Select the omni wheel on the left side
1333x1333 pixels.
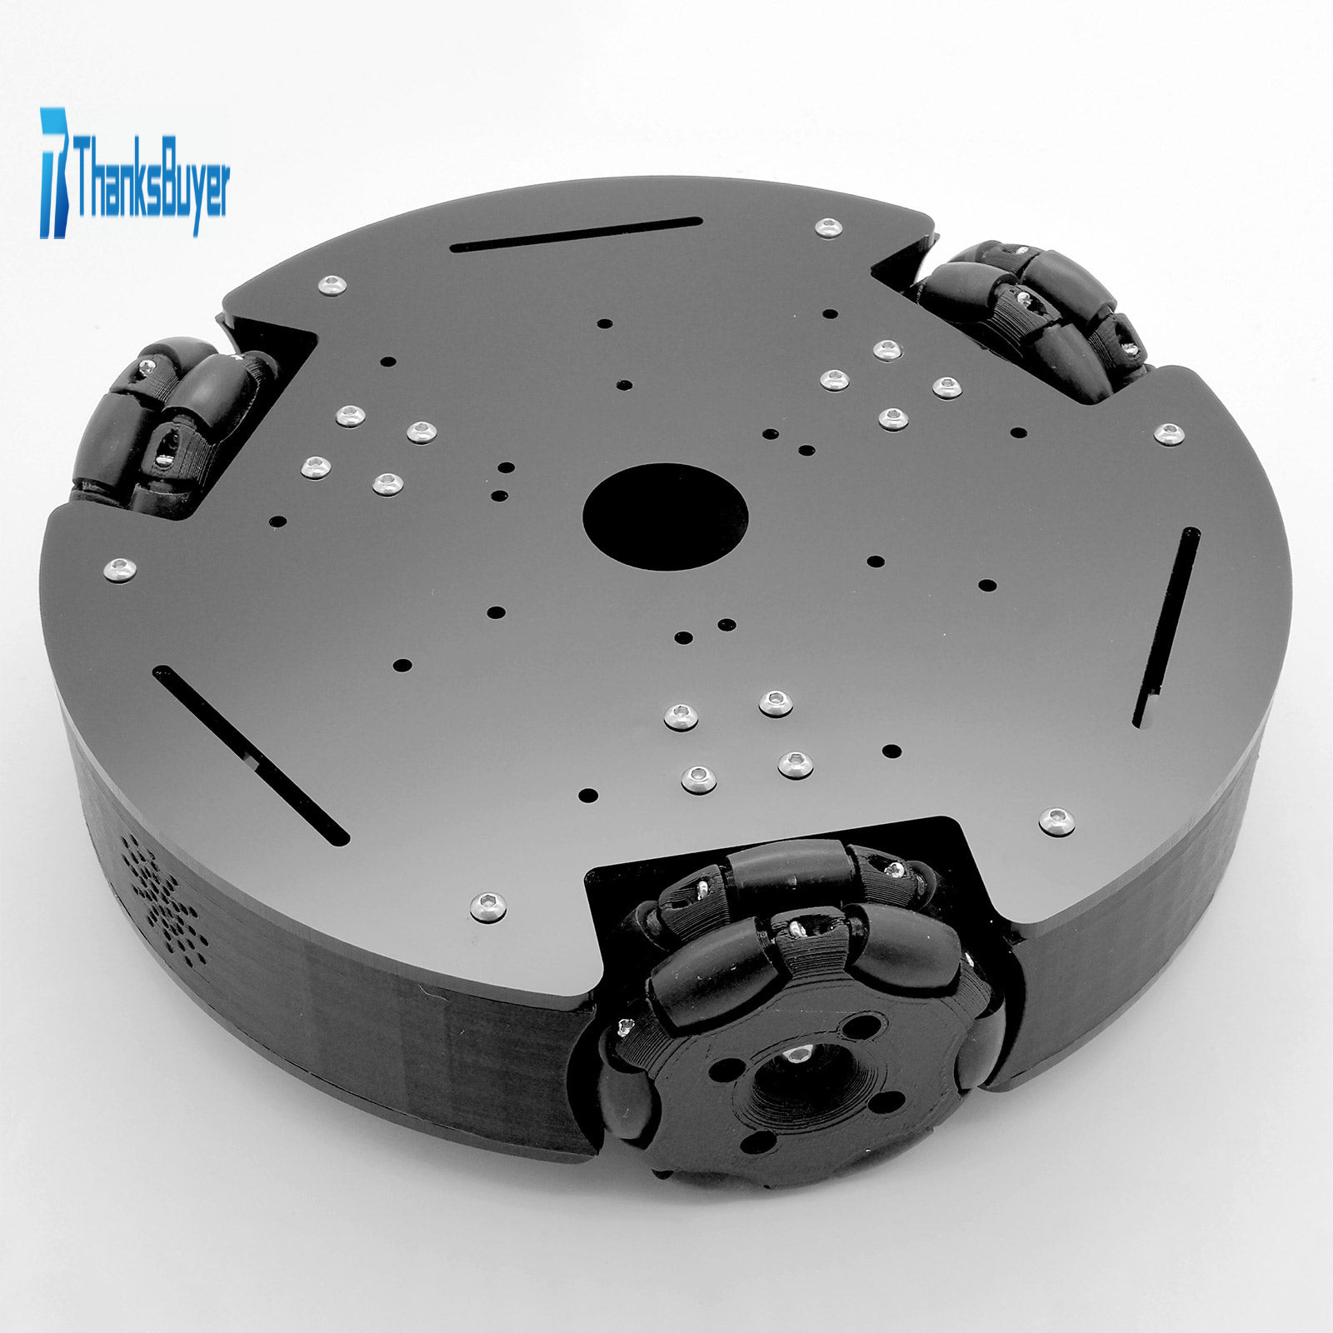coord(171,424)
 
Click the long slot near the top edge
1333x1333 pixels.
coord(575,233)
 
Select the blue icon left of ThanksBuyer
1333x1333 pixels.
coord(57,173)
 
